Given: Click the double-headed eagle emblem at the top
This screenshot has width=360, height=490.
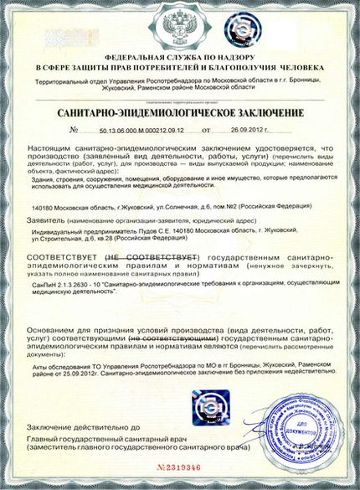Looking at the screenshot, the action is (x=179, y=27).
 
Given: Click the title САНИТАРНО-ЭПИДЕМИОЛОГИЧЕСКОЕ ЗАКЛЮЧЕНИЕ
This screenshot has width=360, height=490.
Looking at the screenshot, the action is (x=179, y=112).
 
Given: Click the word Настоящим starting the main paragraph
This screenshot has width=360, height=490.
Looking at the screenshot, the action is (x=54, y=147).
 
